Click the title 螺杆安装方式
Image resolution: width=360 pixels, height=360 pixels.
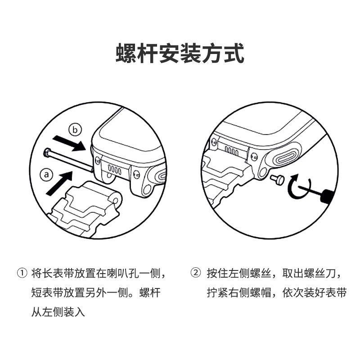coord(180,53)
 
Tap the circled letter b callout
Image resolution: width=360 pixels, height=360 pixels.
coord(75,130)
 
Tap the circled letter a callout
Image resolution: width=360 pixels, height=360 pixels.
coord(46,175)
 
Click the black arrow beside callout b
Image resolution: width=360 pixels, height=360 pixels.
coord(69,143)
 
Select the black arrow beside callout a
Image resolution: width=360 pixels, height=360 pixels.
coord(59,183)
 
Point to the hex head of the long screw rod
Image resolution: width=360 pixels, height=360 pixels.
coord(47,153)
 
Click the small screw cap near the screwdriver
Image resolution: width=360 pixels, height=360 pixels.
coord(277,179)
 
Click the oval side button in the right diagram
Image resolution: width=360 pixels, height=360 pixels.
coord(288,157)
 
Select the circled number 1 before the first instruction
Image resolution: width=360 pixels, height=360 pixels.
coord(22,273)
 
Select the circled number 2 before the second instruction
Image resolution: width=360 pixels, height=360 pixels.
coord(196,273)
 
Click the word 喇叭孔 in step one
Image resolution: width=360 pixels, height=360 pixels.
coord(123,273)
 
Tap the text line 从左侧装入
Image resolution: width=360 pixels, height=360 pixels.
coord(58,311)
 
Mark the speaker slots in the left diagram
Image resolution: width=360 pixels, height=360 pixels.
coord(114,170)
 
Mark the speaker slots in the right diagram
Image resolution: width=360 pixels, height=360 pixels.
coord(231,151)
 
